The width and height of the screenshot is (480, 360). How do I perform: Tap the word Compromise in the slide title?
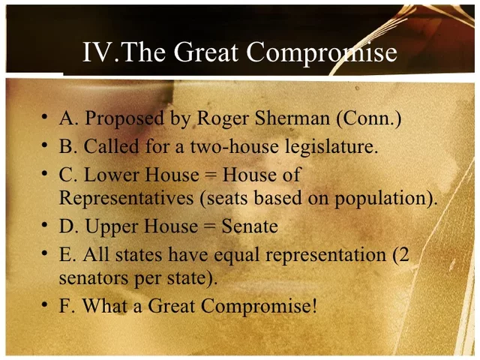(x=322, y=52)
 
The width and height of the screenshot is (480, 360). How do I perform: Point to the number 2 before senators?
(x=403, y=254)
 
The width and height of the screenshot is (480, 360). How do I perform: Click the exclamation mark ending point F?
(x=315, y=306)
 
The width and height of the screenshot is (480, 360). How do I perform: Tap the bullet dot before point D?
(x=46, y=226)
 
